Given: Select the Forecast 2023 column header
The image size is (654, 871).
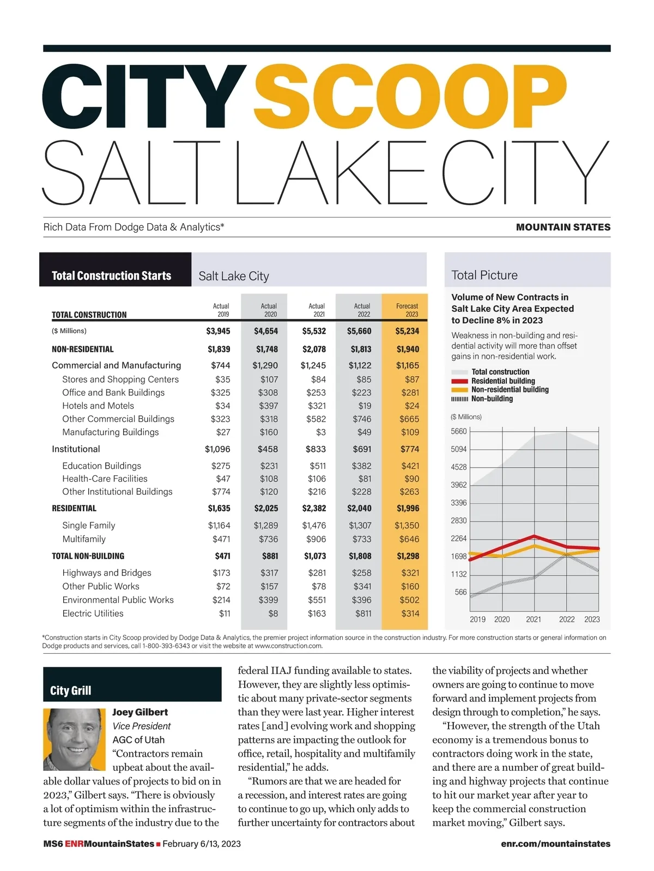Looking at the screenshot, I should [x=407, y=310].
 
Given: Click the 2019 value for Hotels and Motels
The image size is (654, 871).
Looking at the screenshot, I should [x=222, y=406].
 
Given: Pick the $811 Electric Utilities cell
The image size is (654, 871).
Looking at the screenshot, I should [x=363, y=614].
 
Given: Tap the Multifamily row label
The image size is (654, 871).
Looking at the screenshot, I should [x=84, y=539].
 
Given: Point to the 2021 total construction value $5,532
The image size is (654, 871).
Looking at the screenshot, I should [x=314, y=331].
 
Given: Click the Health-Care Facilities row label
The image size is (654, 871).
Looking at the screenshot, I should [x=105, y=479].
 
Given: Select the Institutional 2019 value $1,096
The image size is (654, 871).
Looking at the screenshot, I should [x=217, y=449].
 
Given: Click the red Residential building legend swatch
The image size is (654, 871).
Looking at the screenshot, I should [x=459, y=381].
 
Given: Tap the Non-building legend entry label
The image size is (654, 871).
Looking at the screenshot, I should [x=492, y=398].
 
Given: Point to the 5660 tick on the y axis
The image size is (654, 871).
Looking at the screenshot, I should [x=459, y=432].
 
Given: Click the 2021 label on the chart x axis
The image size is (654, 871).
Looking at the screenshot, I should [x=534, y=619].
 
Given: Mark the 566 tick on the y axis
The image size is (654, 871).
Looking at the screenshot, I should [x=461, y=592].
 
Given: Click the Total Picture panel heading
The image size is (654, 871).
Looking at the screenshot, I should [x=485, y=275].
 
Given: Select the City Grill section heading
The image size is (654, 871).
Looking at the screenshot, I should [x=71, y=690].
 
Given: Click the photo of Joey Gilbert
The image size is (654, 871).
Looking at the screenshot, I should [x=74, y=739].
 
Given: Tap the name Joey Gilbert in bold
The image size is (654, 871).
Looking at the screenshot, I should [x=140, y=712].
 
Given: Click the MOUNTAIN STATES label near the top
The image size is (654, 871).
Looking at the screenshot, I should [x=563, y=227].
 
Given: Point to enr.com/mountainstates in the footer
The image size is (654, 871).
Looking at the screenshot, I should [x=555, y=844].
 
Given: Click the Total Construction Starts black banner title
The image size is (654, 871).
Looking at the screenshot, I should [x=111, y=275].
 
